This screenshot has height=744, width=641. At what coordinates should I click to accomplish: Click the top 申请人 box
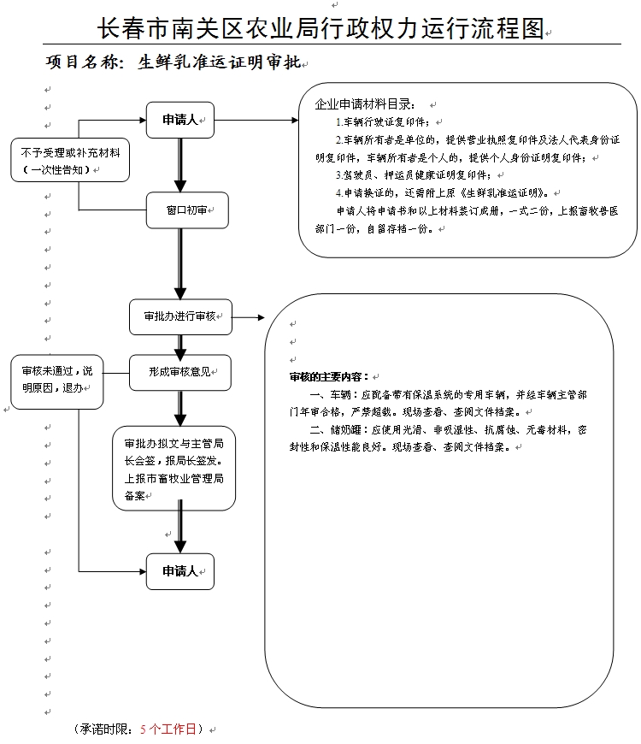[x=179, y=121]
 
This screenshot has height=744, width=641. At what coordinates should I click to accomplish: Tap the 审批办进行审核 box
[x=180, y=316]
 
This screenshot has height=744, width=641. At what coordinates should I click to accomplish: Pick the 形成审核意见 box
[x=179, y=372]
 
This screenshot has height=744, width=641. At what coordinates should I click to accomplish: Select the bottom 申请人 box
[x=179, y=571]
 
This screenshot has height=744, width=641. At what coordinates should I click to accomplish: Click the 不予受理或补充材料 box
[x=70, y=160]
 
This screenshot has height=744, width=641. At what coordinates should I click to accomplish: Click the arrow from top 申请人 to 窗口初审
[x=179, y=165]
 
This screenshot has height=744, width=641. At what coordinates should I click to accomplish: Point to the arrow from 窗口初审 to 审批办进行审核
[x=179, y=263]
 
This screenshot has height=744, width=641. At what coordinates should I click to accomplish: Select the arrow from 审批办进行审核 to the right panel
[x=249, y=317]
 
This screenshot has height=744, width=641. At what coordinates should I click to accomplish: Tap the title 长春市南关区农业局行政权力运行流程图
[x=320, y=28]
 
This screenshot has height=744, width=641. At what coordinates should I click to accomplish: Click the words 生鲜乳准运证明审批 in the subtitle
[x=219, y=62]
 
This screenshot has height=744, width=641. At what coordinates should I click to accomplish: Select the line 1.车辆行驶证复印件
[x=384, y=122]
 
